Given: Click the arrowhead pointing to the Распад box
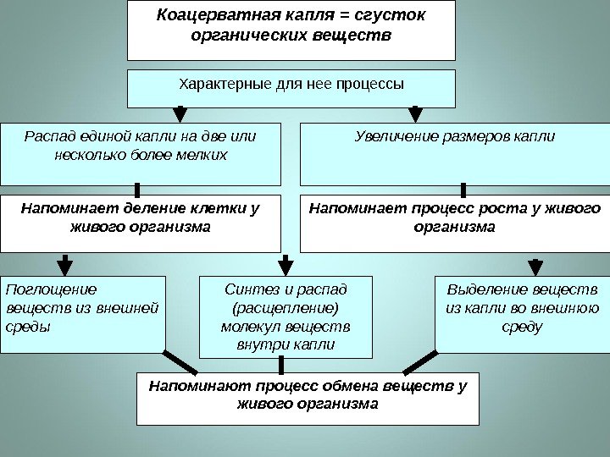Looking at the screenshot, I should tap(180, 114).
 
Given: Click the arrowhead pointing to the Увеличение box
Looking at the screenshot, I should tap(415, 114).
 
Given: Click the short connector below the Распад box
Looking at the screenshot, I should tap(136, 190).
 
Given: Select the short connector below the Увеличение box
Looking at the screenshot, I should tap(463, 190).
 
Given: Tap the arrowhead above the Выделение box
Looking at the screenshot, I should tap(535, 266).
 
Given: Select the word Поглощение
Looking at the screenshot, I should tap(50, 289).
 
